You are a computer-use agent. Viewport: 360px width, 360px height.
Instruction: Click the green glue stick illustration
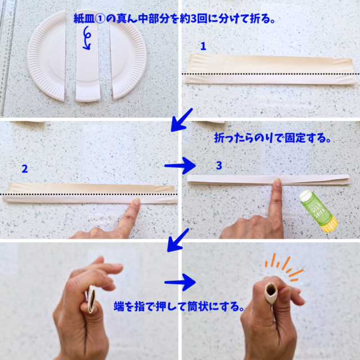(x=318, y=211)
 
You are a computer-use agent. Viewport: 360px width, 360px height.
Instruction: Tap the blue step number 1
(x=203, y=46)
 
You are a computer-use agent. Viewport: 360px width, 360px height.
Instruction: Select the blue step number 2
(x=25, y=169)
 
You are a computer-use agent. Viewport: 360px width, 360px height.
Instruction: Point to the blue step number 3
(x=219, y=165)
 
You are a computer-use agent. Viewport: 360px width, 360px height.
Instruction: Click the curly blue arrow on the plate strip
(x=87, y=38)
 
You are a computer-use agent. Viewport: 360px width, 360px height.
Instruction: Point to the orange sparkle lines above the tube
(x=284, y=268)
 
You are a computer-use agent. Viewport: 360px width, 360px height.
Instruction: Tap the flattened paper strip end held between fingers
(x=91, y=299)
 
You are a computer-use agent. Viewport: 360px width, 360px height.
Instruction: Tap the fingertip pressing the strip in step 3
(x=278, y=182)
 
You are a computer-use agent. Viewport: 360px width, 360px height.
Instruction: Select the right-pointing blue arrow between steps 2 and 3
(x=180, y=165)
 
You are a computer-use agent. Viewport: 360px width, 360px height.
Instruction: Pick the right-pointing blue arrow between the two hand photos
(x=180, y=282)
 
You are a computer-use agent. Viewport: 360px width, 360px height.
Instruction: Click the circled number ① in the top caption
(x=100, y=19)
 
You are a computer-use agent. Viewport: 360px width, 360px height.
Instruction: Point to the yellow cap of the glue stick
(x=330, y=224)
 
